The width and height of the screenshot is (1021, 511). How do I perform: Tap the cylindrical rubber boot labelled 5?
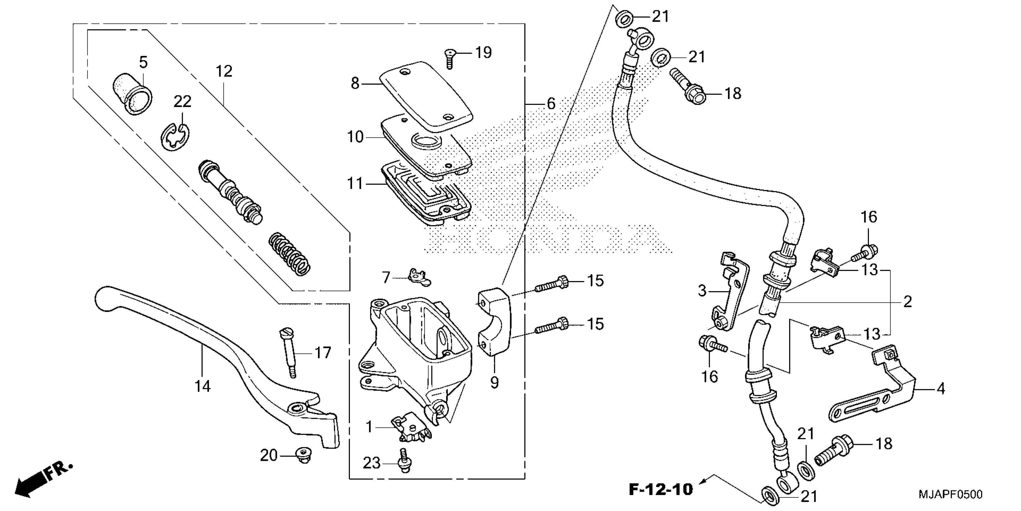131,94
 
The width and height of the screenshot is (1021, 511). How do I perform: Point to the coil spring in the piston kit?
289,254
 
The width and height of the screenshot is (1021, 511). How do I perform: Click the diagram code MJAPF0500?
950,495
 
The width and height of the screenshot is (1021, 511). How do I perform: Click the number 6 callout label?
551,104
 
